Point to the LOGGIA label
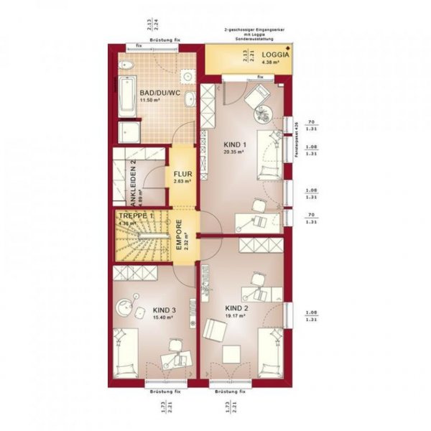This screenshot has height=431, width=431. point(276,55)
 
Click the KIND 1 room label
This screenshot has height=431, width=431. point(234,144)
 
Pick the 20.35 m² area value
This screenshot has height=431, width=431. point(234,152)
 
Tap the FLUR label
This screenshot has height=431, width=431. point(181,173)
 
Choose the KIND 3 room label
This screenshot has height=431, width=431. point(164,310)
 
